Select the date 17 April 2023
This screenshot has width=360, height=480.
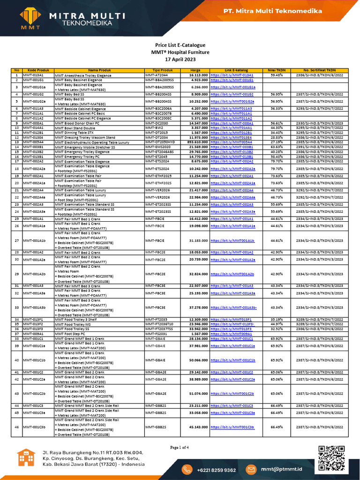click(x=180, y=60)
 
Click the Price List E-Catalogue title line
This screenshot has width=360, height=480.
click(x=180, y=45)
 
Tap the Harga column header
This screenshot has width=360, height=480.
click(x=195, y=70)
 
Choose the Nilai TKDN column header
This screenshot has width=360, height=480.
click(x=277, y=70)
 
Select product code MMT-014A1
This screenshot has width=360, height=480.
click(x=33, y=127)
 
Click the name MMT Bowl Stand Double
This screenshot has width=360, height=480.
click(x=75, y=127)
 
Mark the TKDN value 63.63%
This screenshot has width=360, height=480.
click(x=277, y=147)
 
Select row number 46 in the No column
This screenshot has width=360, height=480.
click(x=16, y=427)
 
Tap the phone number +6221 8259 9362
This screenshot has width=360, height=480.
click(x=216, y=470)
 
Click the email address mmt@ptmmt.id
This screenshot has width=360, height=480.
click(x=281, y=470)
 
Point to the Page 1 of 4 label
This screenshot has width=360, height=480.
click(x=180, y=447)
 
